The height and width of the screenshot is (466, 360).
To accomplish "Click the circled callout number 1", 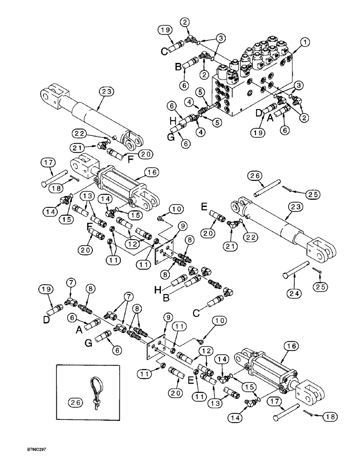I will (x=305, y=43).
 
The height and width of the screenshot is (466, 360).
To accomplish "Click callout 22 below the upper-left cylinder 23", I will (x=82, y=134).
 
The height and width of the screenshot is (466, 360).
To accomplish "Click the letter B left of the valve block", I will (x=178, y=67).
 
